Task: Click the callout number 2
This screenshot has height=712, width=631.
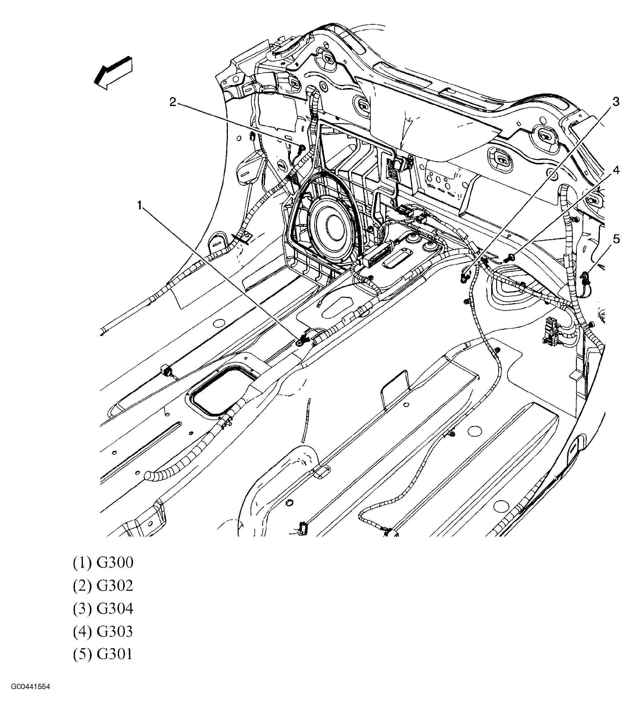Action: (173, 102)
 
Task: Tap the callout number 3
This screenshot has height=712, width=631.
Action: (616, 102)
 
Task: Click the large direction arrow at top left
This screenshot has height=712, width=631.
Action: (113, 73)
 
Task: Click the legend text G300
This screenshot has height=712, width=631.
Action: (115, 563)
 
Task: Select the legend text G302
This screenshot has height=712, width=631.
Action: (115, 586)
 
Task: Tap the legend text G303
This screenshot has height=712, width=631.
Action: (115, 632)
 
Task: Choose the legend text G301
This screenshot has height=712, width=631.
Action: (115, 655)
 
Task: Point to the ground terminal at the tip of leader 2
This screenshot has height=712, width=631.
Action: (302, 148)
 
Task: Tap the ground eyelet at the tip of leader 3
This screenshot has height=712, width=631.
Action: (464, 277)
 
